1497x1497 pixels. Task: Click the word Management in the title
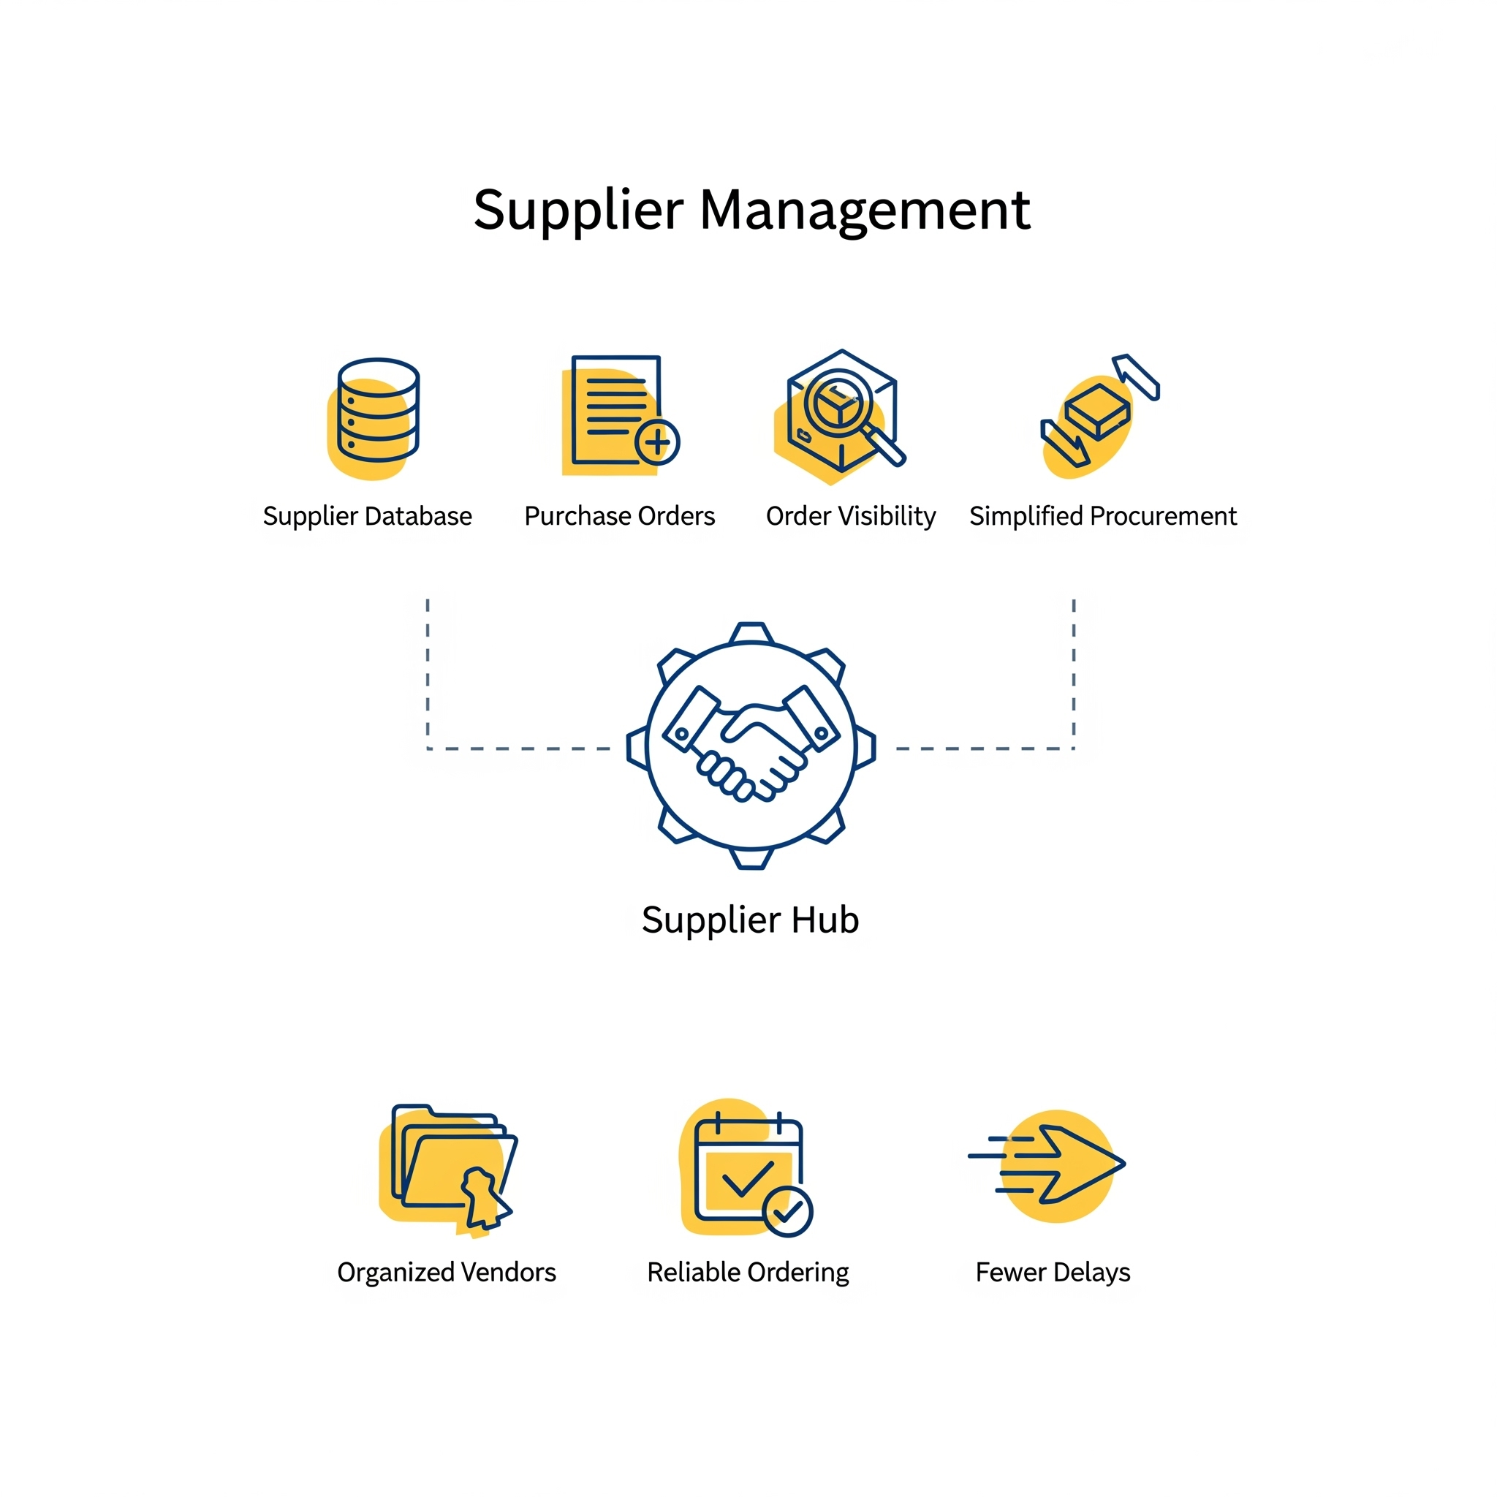click(865, 211)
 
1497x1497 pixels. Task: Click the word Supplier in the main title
click(578, 211)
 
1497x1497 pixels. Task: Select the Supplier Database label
click(367, 516)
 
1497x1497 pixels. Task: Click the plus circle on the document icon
click(657, 442)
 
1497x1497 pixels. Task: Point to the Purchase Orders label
click(620, 516)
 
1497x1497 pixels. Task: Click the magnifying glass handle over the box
click(884, 447)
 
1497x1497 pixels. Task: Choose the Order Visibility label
click(851, 516)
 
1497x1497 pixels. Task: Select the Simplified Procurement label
click(1103, 516)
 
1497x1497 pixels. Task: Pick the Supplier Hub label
click(750, 920)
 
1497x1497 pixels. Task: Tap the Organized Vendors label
click(447, 1273)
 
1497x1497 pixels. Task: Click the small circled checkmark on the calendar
click(788, 1212)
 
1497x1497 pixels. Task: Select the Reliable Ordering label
click(748, 1273)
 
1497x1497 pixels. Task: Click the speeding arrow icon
click(1047, 1164)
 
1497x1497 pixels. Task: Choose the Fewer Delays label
click(1053, 1273)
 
